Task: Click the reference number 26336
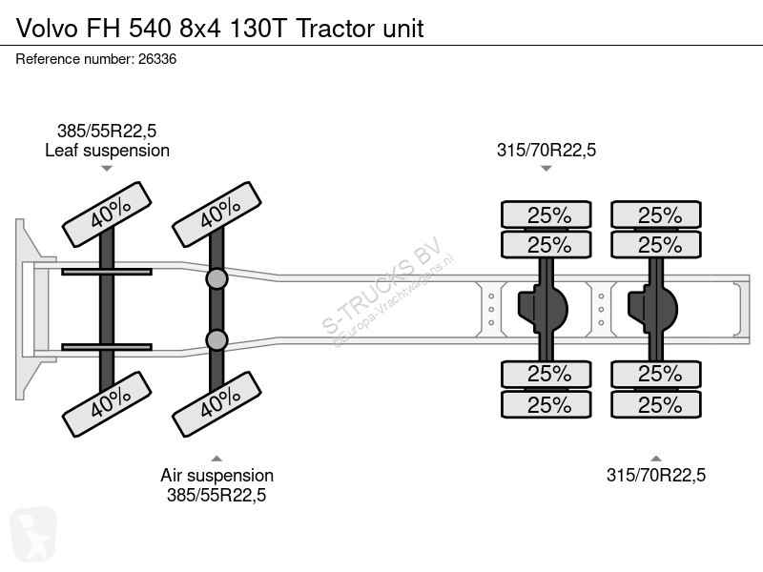(x=157, y=59)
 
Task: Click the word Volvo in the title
(x=47, y=29)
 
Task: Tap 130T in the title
(x=257, y=29)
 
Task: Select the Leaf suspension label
(x=107, y=151)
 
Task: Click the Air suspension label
(x=217, y=475)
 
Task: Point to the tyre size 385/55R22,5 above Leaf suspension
(x=107, y=131)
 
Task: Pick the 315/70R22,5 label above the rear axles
(x=546, y=151)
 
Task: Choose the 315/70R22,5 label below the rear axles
(x=656, y=475)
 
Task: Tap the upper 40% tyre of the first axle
(x=107, y=214)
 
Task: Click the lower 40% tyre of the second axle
(x=217, y=404)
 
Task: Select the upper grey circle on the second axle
(x=217, y=279)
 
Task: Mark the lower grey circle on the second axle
(x=217, y=340)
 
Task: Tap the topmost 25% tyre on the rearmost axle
(x=656, y=214)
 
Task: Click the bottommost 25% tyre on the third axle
(x=546, y=404)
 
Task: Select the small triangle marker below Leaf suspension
(x=107, y=169)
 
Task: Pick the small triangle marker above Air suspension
(x=217, y=459)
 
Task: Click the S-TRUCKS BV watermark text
(x=382, y=284)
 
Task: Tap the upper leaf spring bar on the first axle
(x=107, y=272)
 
